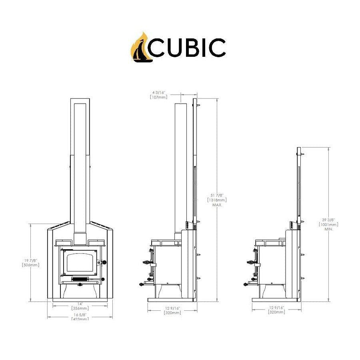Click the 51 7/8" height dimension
click(x=212, y=194)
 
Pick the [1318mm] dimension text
click(x=212, y=199)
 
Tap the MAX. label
click(x=212, y=204)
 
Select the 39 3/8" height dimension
click(x=324, y=220)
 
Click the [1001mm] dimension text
click(x=324, y=225)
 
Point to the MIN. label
click(x=324, y=230)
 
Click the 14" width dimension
click(x=80, y=304)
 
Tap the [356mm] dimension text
click(x=80, y=308)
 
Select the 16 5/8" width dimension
click(x=80, y=315)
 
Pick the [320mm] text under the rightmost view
click(x=276, y=312)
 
